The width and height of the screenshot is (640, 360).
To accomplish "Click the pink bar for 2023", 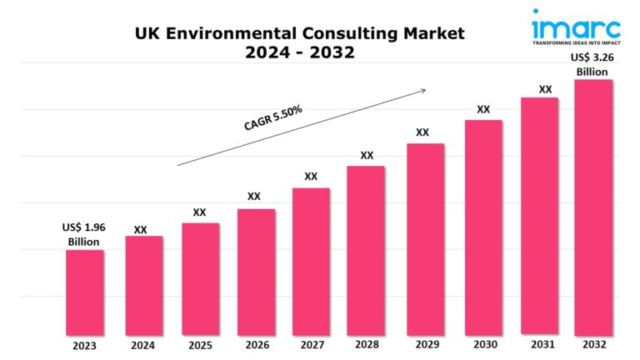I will [x=85, y=292].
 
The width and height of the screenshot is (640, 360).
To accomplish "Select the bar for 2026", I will [x=256, y=271].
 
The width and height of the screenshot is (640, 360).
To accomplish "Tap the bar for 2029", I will [x=425, y=238].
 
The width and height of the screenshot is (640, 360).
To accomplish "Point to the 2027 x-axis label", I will [x=311, y=345].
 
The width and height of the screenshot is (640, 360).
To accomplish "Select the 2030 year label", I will [x=482, y=345].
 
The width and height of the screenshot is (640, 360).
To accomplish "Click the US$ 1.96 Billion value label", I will [x=83, y=234].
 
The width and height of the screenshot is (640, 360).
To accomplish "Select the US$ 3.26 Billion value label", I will [x=592, y=64].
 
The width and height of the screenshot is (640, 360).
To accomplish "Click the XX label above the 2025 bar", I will [x=199, y=212].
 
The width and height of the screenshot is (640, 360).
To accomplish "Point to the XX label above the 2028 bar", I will [x=367, y=155].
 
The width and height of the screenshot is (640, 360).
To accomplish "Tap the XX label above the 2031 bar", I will [x=545, y=89].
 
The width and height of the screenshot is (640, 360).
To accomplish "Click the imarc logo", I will [x=574, y=22].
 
